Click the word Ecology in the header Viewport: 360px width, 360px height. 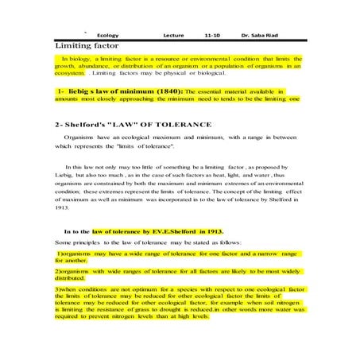(x=107, y=36)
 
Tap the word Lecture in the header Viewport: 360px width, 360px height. (x=173, y=36)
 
